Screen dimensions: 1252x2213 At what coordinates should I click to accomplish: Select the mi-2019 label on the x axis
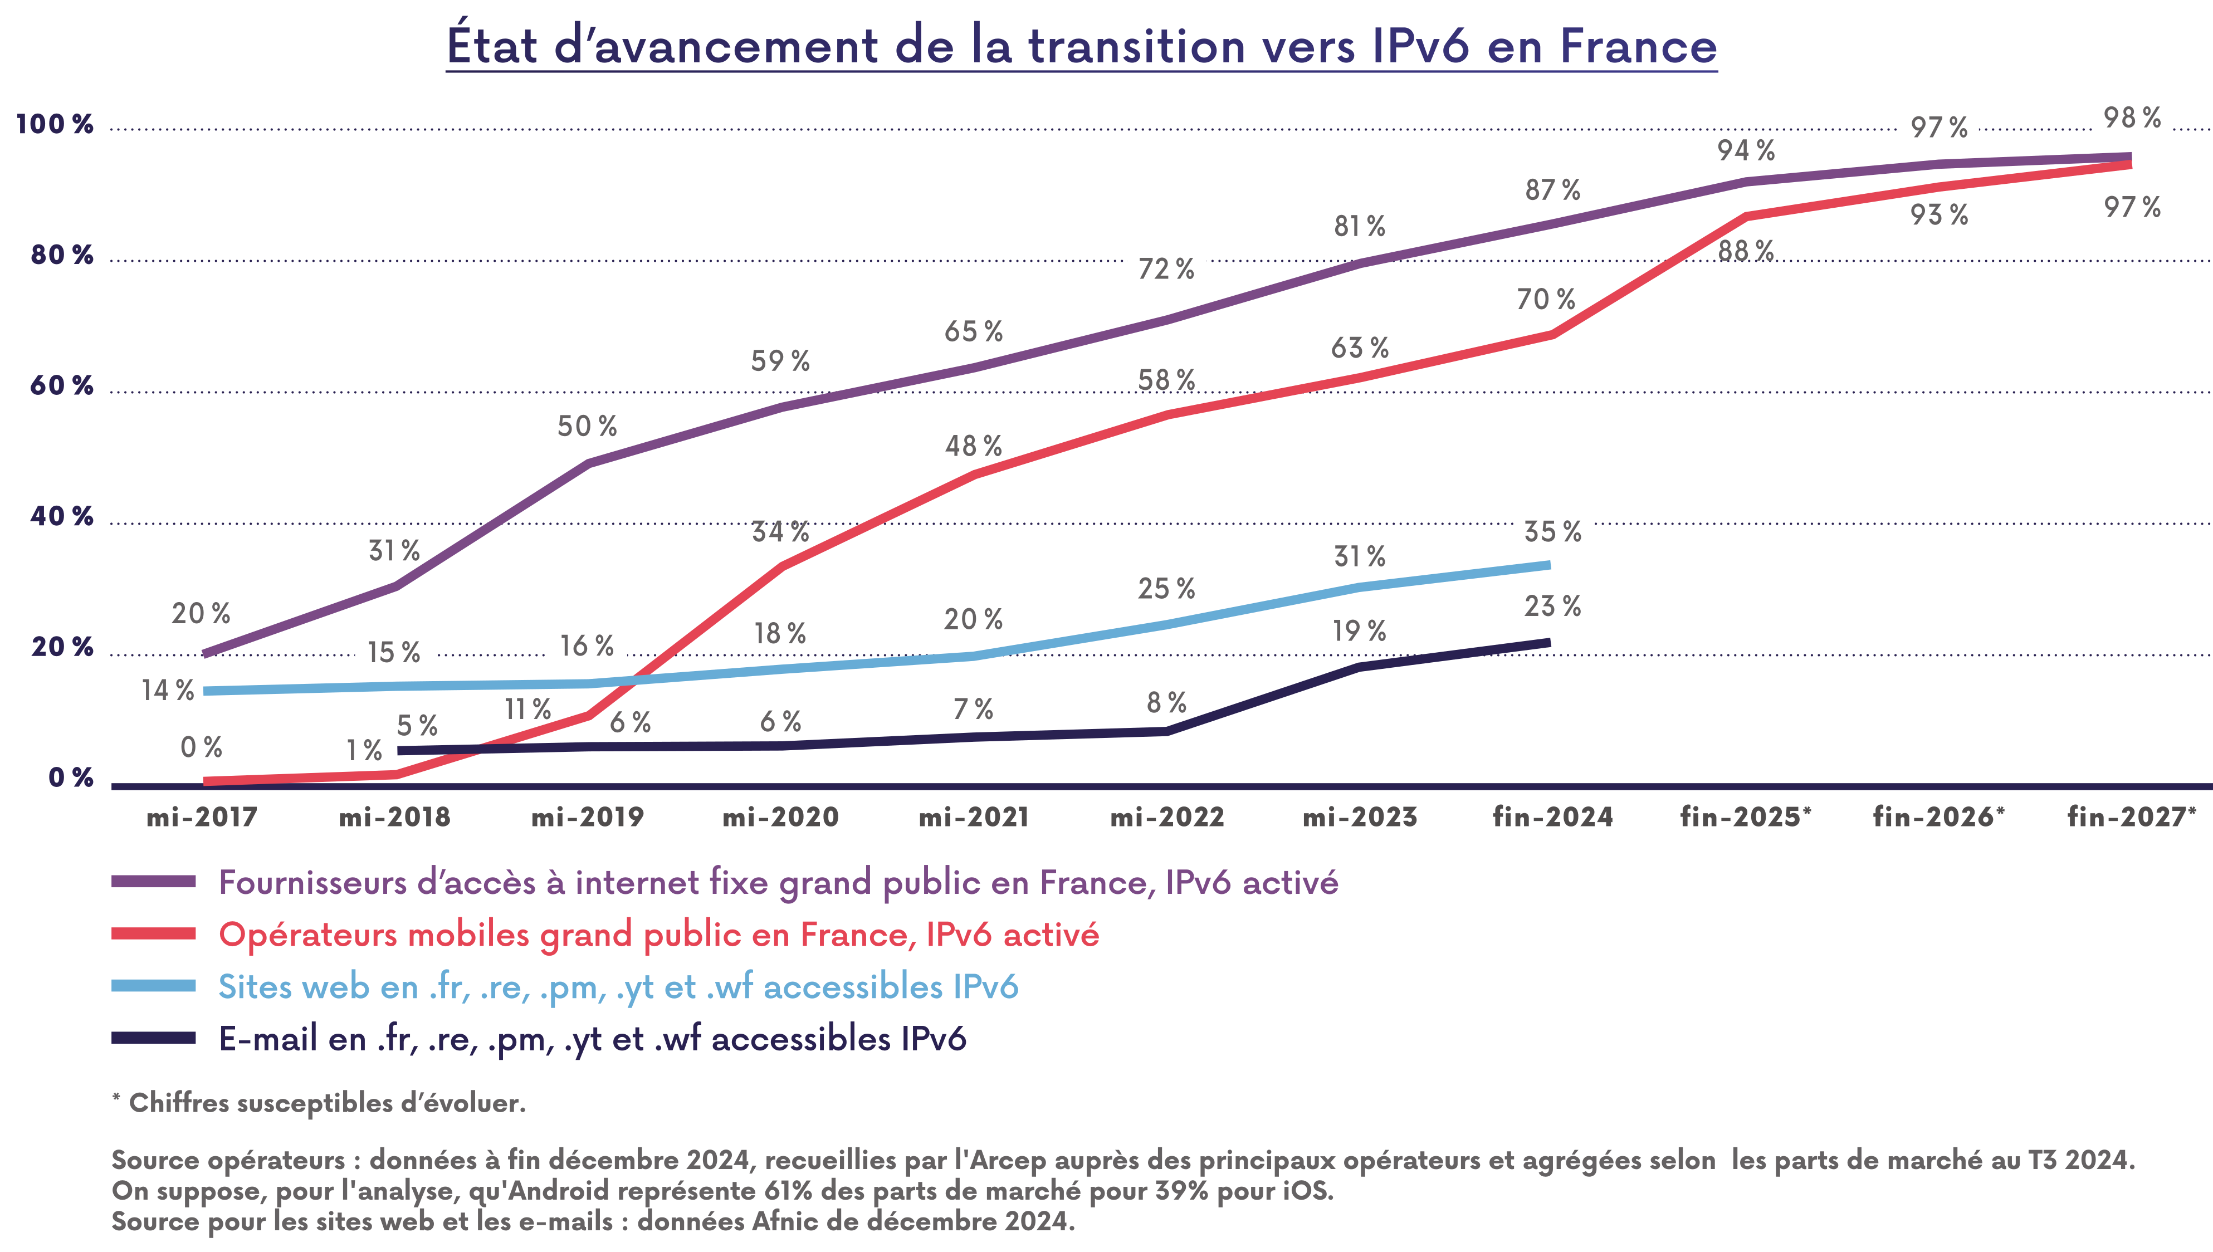tap(587, 817)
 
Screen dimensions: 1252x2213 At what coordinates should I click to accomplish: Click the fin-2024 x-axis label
tap(1553, 817)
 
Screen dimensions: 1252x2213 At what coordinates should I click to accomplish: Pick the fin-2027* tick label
tap(2131, 817)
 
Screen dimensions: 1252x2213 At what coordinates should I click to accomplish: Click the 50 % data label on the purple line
tap(587, 427)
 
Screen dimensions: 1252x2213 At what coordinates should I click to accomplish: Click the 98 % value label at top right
tap(2132, 118)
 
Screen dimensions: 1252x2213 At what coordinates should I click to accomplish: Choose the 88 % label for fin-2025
tap(1745, 251)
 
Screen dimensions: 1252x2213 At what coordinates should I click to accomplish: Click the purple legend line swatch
tap(154, 882)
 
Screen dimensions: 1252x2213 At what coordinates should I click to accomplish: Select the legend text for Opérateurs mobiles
tap(658, 935)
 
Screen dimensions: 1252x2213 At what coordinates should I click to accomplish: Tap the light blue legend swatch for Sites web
tap(154, 986)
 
